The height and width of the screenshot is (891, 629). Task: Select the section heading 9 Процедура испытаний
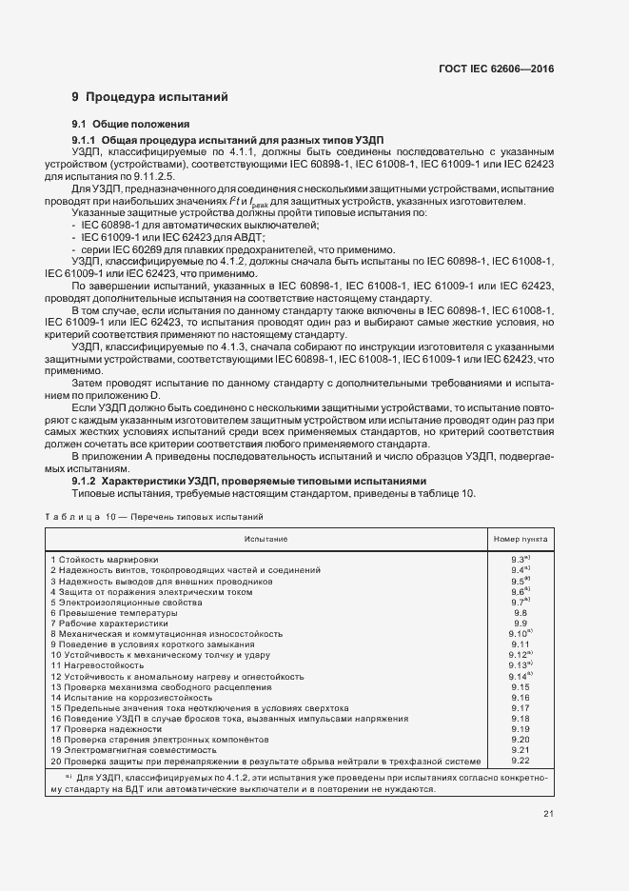point(149,97)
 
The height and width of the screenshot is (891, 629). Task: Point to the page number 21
point(548,812)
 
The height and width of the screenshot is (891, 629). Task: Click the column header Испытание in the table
point(265,539)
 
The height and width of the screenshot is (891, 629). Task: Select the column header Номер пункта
point(520,539)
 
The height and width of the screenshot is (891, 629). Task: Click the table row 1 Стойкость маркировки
point(105,559)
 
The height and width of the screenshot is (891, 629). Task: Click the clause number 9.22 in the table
point(520,761)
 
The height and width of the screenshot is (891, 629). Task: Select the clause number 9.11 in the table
point(520,643)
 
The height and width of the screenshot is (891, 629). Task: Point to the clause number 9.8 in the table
point(520,612)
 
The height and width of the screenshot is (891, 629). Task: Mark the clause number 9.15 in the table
point(520,686)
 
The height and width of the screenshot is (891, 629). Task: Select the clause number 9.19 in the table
point(520,729)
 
